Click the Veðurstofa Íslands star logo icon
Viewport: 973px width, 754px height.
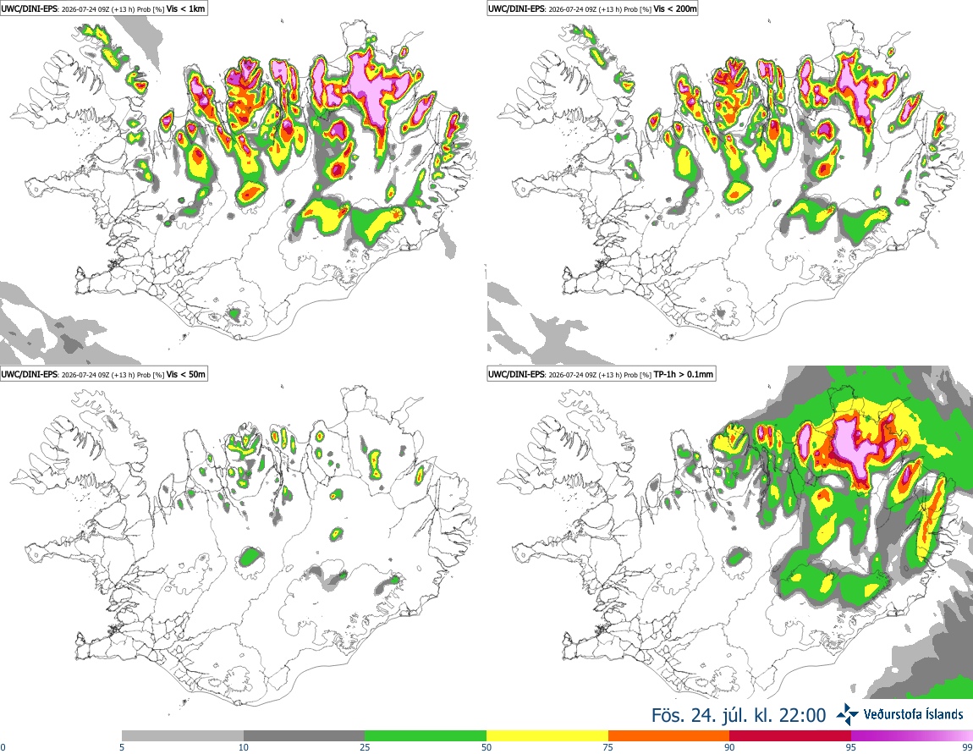pyautogui.click(x=847, y=715)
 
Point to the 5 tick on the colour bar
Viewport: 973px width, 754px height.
pyautogui.click(x=122, y=747)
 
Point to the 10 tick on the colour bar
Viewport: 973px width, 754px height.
pyautogui.click(x=244, y=747)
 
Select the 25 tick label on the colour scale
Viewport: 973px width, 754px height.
pyautogui.click(x=365, y=747)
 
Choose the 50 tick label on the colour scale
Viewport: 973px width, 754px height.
pyautogui.click(x=486, y=747)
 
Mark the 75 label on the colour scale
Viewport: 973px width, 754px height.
pyautogui.click(x=608, y=747)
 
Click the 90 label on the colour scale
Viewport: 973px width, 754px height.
pyautogui.click(x=729, y=747)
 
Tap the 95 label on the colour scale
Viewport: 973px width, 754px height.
pyautogui.click(x=851, y=747)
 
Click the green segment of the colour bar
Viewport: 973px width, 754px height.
pyautogui.click(x=426, y=736)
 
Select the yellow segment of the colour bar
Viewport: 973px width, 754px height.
pyautogui.click(x=547, y=736)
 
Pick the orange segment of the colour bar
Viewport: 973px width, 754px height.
pyautogui.click(x=669, y=736)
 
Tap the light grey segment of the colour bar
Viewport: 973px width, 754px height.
pyautogui.click(x=183, y=736)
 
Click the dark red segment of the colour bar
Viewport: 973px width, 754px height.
pyautogui.click(x=790, y=736)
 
